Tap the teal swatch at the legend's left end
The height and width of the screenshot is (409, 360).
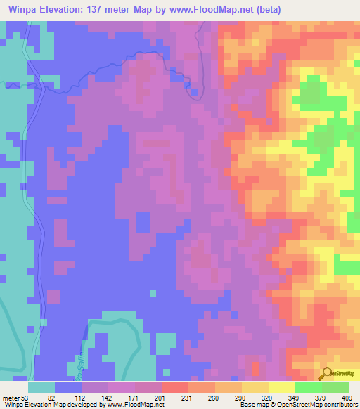(41, 387)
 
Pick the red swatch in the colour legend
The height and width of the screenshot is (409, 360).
(174, 387)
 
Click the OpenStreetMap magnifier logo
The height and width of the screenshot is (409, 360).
(327, 374)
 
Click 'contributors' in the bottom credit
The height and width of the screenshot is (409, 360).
(337, 405)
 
